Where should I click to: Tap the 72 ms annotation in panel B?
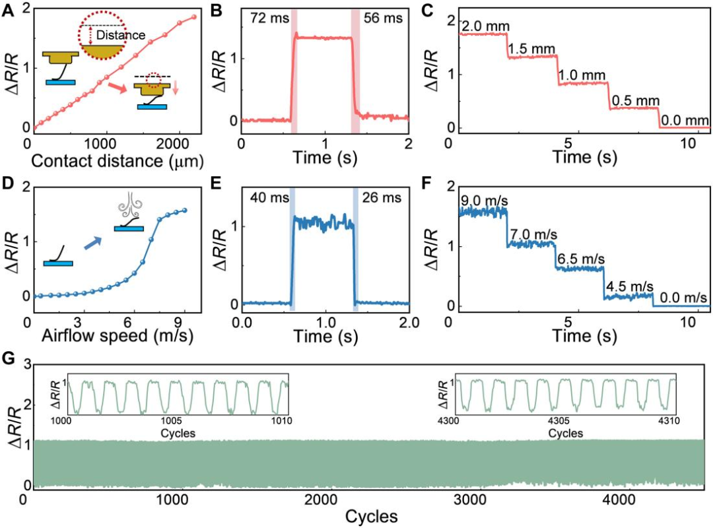[x=270, y=18]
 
